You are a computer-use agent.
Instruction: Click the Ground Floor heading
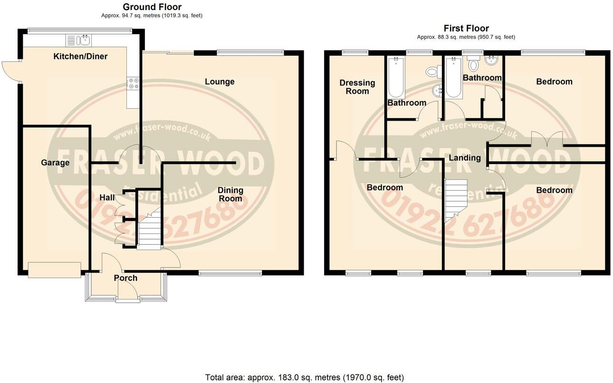pyautogui.click(x=152, y=7)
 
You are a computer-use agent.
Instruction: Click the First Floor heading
pyautogui.click(x=466, y=29)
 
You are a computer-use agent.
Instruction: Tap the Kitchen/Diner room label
pyautogui.click(x=80, y=57)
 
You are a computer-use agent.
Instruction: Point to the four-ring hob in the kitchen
pyautogui.click(x=133, y=83)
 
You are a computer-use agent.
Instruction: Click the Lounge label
pyautogui.click(x=220, y=82)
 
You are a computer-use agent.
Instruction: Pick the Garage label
pyautogui.click(x=55, y=163)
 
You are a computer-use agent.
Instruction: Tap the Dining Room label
pyautogui.click(x=230, y=194)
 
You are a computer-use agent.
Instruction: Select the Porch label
pyautogui.click(x=126, y=278)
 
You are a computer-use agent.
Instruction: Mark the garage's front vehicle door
pyautogui.click(x=54, y=269)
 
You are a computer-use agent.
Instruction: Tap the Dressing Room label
pyautogui.click(x=357, y=87)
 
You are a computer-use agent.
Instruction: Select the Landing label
pyautogui.click(x=464, y=158)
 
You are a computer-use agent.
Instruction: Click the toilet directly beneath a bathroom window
pyautogui.click(x=473, y=64)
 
